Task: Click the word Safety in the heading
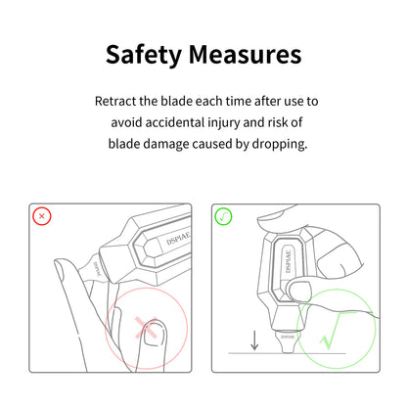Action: (144, 55)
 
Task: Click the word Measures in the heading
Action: (245, 54)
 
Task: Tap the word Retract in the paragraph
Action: (115, 101)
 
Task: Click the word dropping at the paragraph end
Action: (279, 145)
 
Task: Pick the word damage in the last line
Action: (166, 145)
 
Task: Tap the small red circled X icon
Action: (42, 216)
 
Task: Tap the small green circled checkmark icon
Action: (223, 216)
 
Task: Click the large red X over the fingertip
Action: (147, 327)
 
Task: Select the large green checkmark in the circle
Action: (336, 330)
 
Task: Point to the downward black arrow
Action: (254, 340)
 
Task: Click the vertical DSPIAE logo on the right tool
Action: (288, 261)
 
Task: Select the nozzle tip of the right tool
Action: (288, 343)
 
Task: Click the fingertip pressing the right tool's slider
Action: (298, 290)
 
